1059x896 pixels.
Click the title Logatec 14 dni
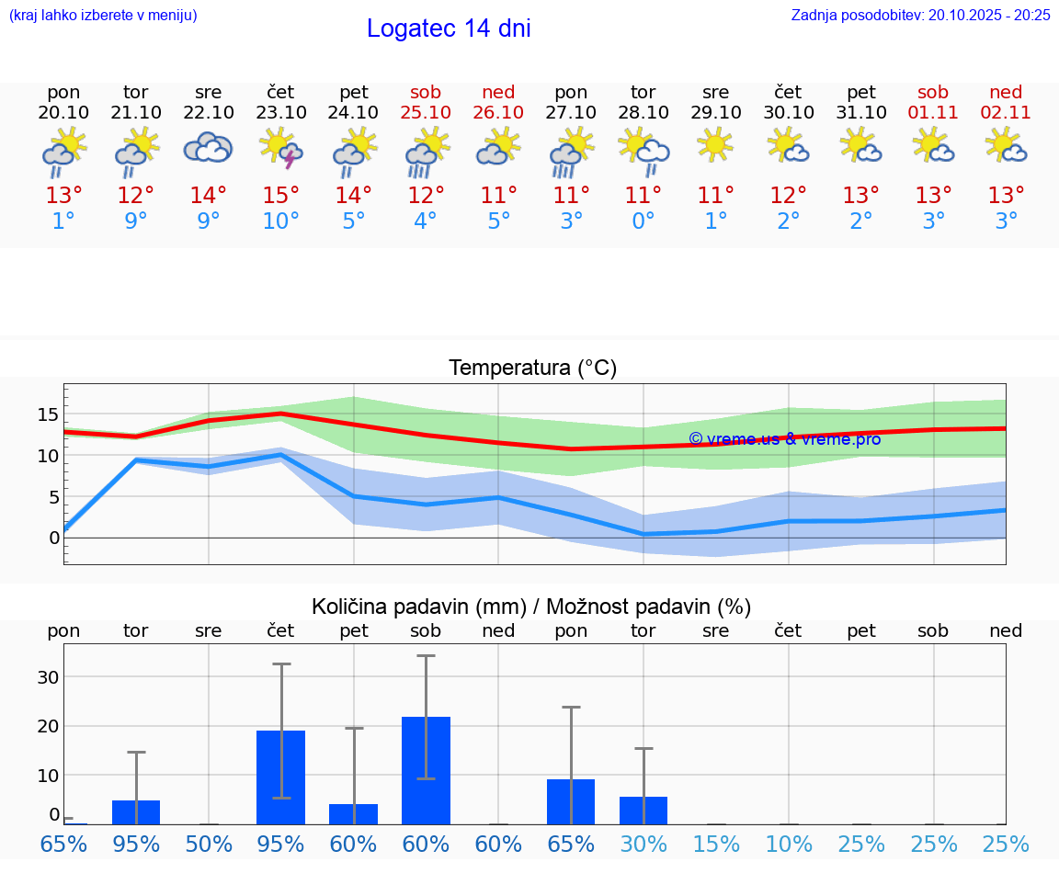point(449,28)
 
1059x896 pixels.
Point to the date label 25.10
point(426,112)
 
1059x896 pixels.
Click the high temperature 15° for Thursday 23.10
point(281,195)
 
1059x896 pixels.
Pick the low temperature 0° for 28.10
point(643,221)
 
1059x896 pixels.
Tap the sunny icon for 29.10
point(715,145)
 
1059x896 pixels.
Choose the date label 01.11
point(933,112)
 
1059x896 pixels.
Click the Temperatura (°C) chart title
point(532,369)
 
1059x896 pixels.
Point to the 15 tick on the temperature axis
point(48,414)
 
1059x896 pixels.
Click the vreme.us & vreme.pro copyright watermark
point(784,439)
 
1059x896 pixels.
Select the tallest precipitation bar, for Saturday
point(426,770)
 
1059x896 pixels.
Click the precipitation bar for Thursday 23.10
point(281,777)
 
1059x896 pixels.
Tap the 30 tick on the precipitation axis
point(48,677)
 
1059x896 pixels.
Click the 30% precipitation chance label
point(643,844)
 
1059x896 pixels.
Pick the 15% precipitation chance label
point(716,844)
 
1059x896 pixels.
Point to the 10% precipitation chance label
point(789,844)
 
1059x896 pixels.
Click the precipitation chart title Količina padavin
point(531,607)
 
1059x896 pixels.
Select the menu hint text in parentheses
point(103,15)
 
